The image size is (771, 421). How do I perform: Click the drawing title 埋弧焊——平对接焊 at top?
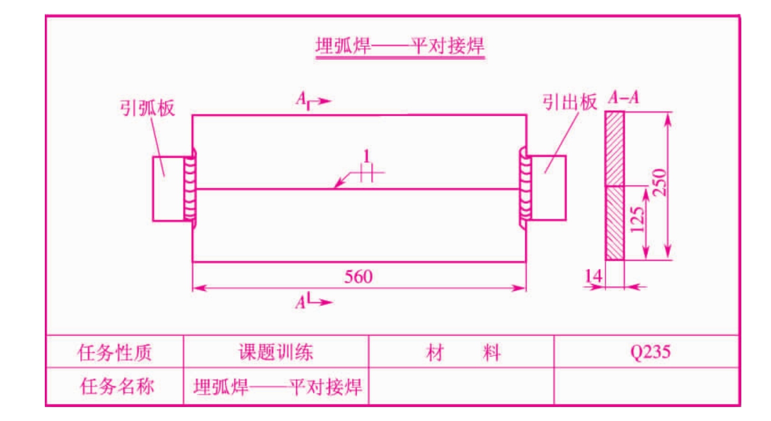[400, 46]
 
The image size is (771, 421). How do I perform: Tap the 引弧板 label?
[147, 108]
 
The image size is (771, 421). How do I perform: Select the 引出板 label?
[570, 102]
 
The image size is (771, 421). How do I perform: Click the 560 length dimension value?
[359, 277]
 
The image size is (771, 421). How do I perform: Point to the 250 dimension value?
[660, 183]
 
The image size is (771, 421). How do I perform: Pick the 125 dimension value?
[637, 220]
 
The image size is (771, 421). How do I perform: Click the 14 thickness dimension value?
[594, 276]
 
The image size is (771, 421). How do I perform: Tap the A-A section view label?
[623, 97]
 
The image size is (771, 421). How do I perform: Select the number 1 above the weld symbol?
[366, 156]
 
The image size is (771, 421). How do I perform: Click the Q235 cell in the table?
[650, 352]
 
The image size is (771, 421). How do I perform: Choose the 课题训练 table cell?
[276, 352]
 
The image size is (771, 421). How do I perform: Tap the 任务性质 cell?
[114, 352]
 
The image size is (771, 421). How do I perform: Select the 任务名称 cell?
[117, 386]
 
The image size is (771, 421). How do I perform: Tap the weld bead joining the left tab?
[190, 188]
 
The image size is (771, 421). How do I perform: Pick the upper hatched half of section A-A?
[614, 149]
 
